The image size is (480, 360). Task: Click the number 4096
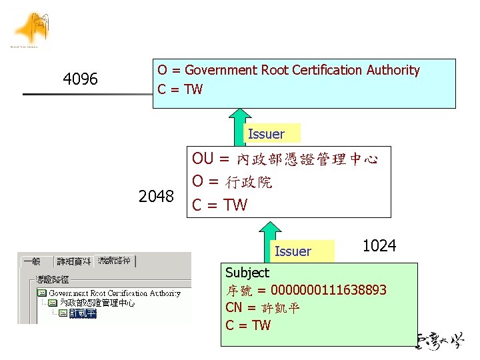(80, 80)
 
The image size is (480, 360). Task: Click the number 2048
(156, 197)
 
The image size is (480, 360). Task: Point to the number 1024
(379, 246)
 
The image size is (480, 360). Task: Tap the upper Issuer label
(266, 134)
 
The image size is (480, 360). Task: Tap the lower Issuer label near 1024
(293, 251)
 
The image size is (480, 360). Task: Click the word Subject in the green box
(247, 273)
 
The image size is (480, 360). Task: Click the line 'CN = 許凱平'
(263, 308)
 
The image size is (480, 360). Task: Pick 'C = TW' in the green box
(248, 325)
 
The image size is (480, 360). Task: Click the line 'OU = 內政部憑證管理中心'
(285, 159)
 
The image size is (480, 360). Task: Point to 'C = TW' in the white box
(219, 205)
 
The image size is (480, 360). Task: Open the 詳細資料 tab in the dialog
(74, 261)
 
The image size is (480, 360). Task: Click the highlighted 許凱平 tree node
(82, 313)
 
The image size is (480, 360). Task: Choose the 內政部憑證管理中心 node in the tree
(97, 303)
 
